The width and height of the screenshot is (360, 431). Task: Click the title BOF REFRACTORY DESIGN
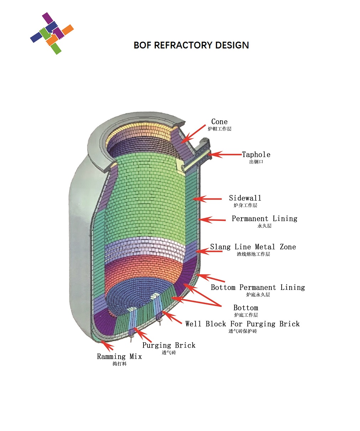[191, 45]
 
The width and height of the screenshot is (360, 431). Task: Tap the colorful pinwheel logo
[52, 33]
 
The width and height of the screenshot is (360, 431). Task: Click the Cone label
[219, 122]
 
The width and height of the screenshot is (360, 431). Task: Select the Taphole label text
[256, 155]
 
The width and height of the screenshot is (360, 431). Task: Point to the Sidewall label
[245, 198]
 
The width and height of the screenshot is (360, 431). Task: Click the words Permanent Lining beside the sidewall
[264, 219]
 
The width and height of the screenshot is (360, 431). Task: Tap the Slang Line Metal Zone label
[253, 247]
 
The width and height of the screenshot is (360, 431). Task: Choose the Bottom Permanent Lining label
[258, 287]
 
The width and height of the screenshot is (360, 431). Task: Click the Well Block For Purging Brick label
[242, 324]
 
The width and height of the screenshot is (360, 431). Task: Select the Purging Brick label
[169, 345]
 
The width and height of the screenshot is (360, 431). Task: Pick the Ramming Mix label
[119, 357]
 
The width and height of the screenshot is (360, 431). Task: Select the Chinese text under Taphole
[256, 162]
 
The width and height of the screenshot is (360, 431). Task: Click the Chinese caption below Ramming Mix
[119, 364]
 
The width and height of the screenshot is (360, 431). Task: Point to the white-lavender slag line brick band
[146, 246]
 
